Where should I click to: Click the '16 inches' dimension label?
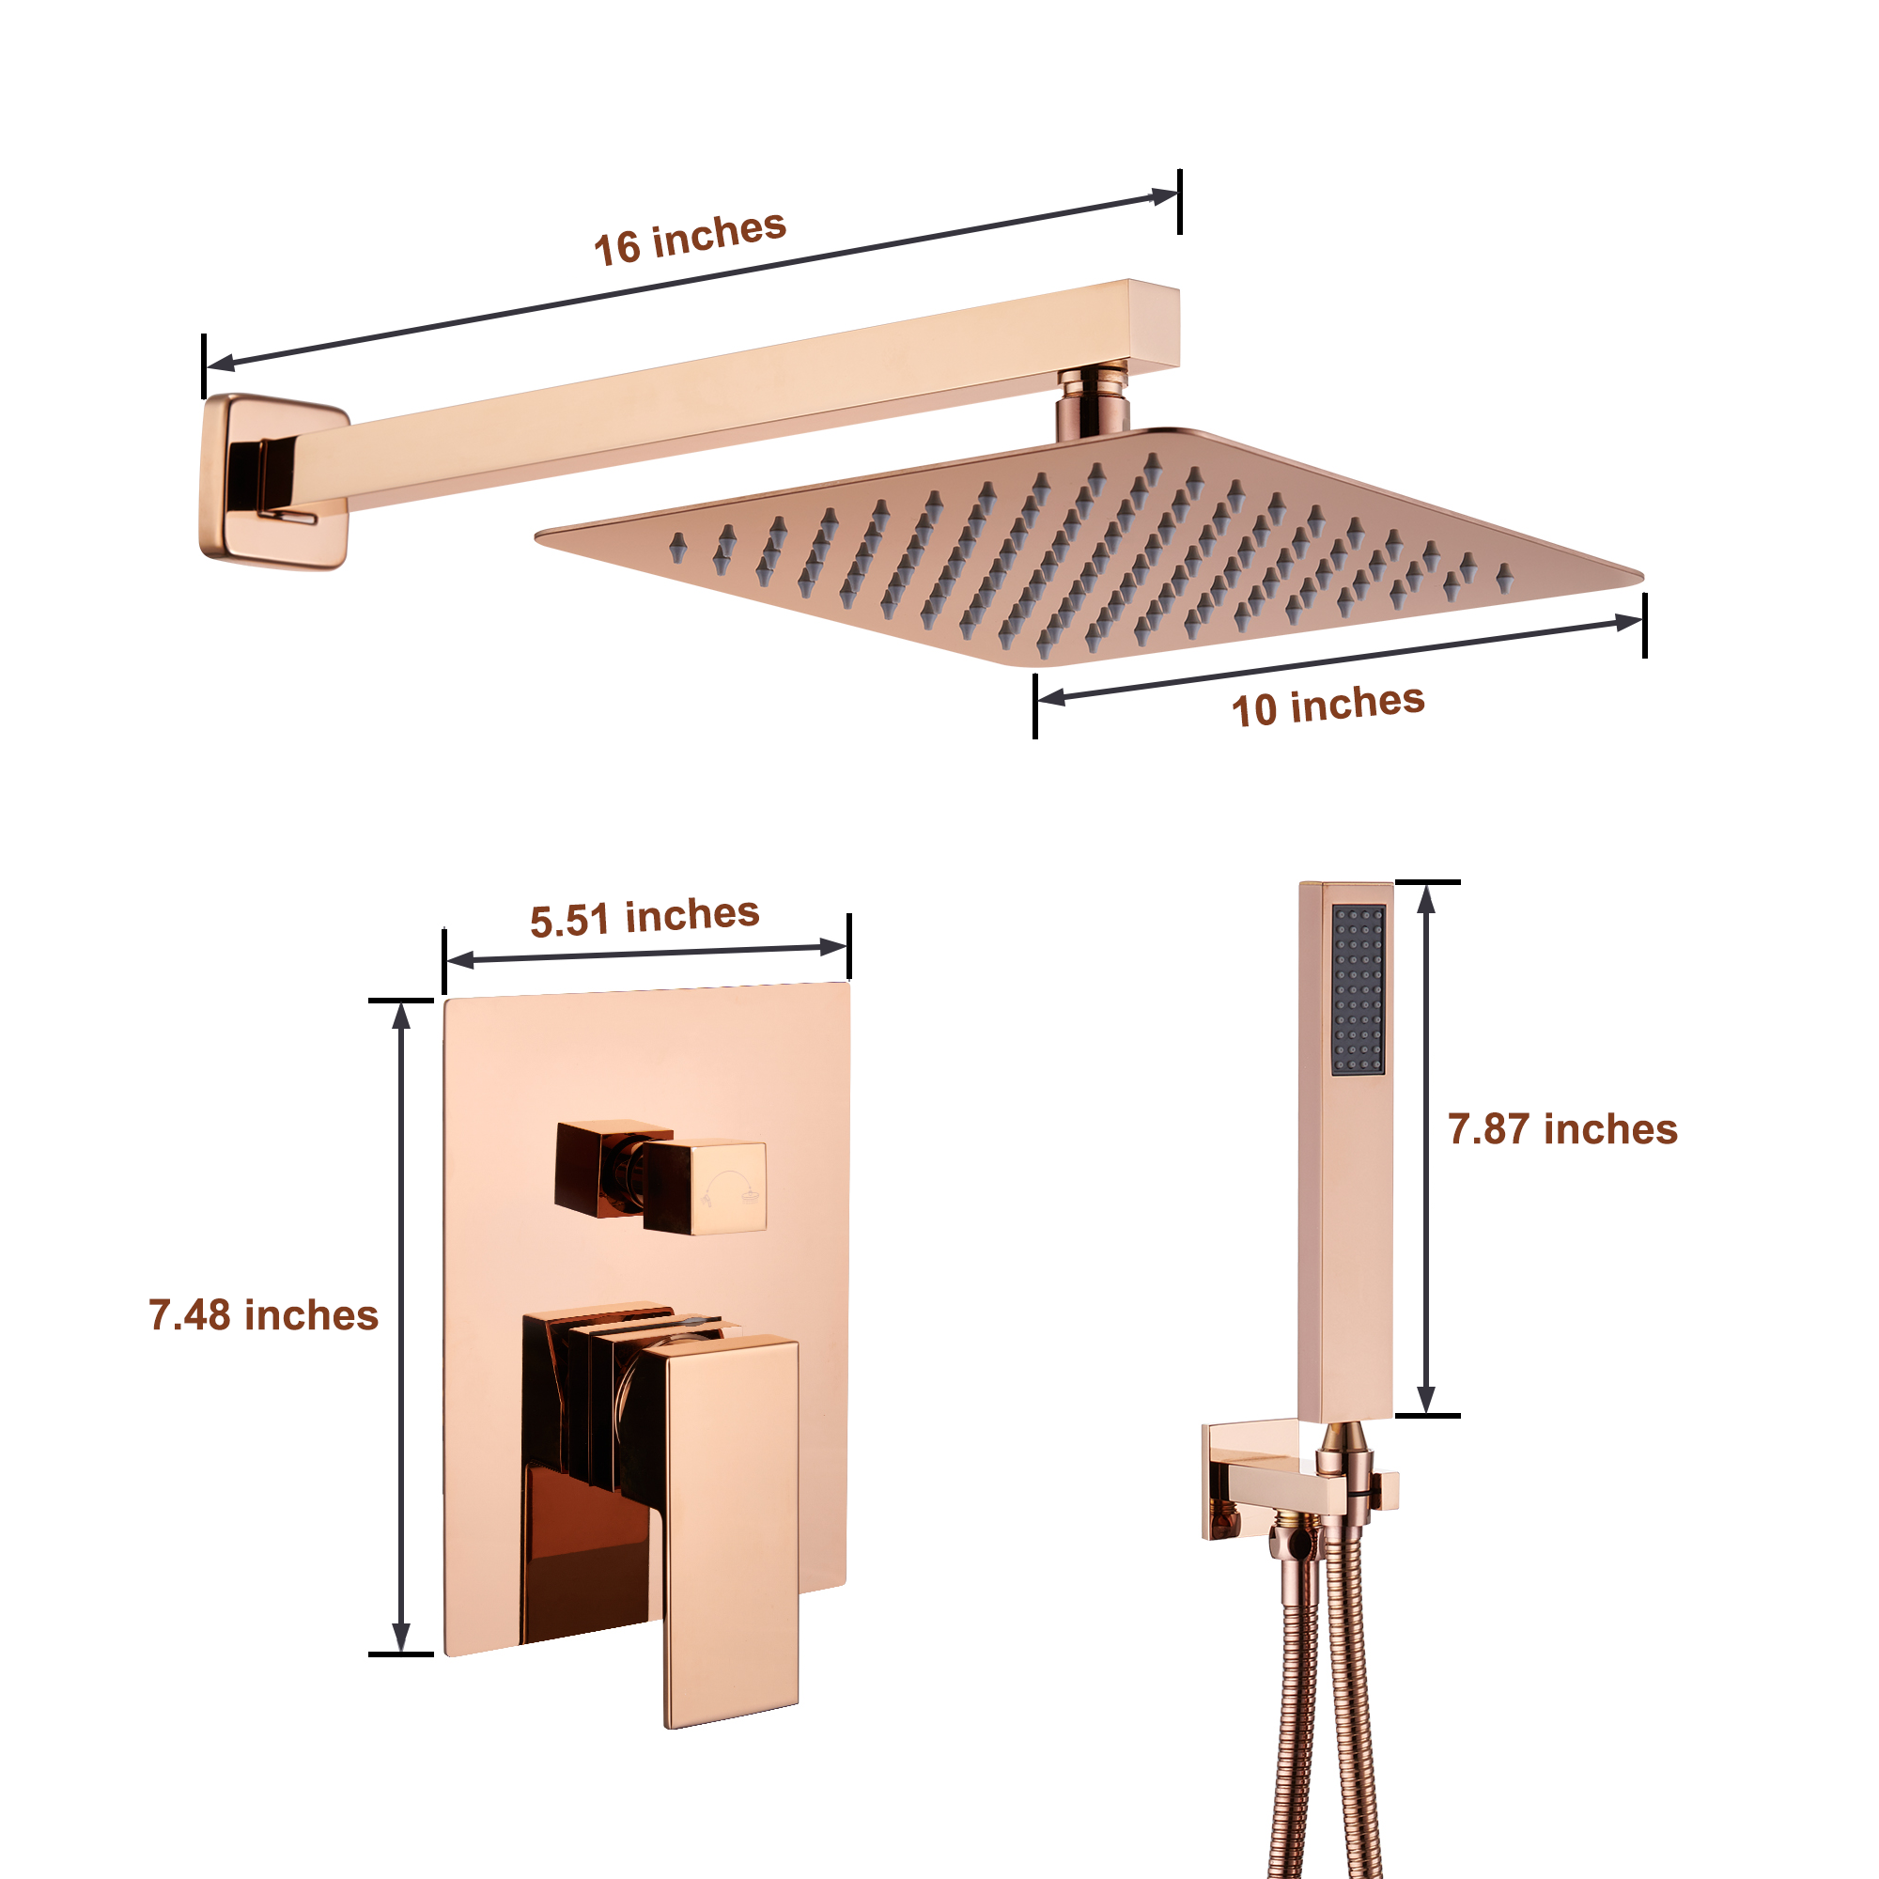pos(690,238)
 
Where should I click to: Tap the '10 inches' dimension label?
pos(1328,706)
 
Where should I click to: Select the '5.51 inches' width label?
pos(644,917)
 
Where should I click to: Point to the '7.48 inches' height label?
pos(263,1315)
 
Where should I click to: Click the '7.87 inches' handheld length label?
pos(1562,1129)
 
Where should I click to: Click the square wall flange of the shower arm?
pos(273,481)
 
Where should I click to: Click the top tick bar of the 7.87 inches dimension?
pos(1427,882)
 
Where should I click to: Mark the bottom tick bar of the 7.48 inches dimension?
pos(401,1654)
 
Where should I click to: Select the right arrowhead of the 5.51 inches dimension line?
pos(833,946)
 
